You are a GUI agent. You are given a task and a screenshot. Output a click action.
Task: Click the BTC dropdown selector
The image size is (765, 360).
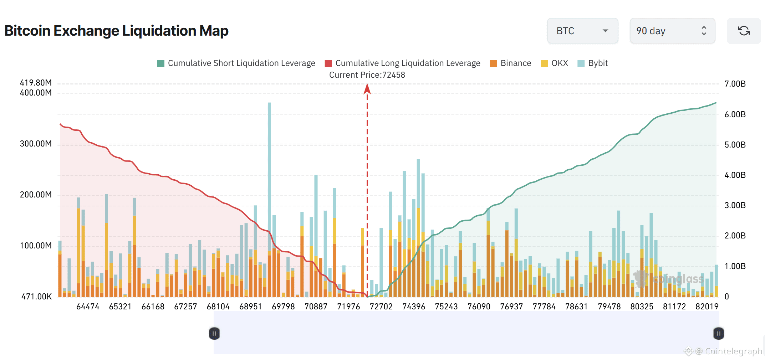[x=582, y=31]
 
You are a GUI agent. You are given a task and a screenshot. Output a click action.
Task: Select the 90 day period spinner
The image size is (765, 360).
[x=672, y=31]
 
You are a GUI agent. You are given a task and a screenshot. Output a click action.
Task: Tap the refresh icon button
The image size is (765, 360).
[x=744, y=31]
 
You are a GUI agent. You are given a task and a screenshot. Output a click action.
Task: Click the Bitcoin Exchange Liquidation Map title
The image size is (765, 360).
[x=116, y=31]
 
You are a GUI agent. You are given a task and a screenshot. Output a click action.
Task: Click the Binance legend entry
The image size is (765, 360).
[x=511, y=63]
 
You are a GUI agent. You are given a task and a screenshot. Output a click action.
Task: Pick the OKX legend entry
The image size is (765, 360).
[x=555, y=63]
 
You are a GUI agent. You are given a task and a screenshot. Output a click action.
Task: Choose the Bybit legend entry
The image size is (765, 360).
[x=593, y=63]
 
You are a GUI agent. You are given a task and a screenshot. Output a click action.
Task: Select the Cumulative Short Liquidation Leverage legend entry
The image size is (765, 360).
[x=236, y=63]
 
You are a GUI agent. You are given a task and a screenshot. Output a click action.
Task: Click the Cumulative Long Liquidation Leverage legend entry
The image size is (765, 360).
[x=403, y=63]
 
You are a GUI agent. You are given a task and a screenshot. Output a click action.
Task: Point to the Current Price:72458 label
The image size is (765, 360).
[x=367, y=75]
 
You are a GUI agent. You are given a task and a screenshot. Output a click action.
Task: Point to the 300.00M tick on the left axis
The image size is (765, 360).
[x=36, y=144]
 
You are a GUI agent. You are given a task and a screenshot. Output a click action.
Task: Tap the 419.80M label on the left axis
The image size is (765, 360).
[x=36, y=83]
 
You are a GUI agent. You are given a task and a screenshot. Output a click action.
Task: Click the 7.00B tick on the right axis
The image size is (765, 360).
[x=735, y=84]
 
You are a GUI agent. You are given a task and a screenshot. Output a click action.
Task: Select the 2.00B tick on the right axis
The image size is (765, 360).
[x=735, y=236]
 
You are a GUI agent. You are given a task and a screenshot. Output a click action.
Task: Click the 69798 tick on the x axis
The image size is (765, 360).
[x=283, y=307]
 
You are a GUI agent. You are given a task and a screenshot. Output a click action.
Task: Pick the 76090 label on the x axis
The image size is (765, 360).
[x=479, y=307]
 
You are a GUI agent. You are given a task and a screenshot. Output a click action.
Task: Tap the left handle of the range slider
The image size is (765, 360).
[x=214, y=334]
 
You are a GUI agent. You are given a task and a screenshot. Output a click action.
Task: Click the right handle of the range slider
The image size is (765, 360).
[x=719, y=334]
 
